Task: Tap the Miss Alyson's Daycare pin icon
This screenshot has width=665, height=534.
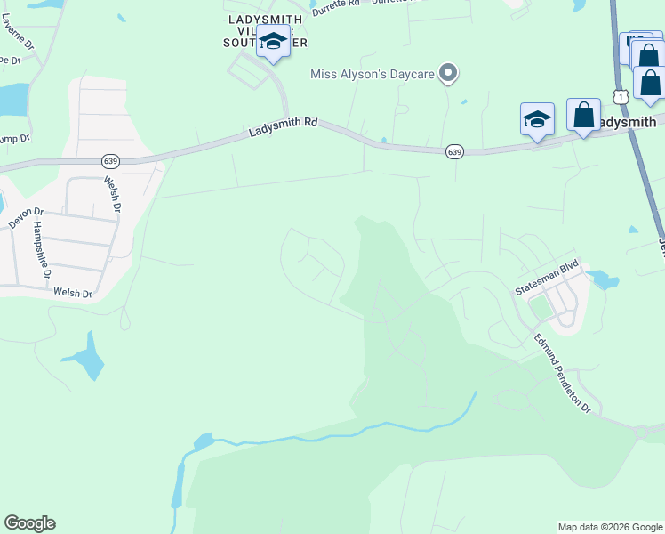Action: pyautogui.click(x=449, y=74)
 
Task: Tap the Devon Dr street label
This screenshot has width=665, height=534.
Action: pyautogui.click(x=26, y=218)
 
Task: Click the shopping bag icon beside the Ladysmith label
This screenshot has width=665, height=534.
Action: pyautogui.click(x=583, y=116)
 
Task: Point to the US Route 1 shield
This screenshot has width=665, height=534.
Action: pyautogui.click(x=619, y=94)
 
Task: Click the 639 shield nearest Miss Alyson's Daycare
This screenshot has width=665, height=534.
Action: pyautogui.click(x=454, y=152)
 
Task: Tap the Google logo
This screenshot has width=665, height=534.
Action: pyautogui.click(x=29, y=523)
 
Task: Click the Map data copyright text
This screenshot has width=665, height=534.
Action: pyautogui.click(x=609, y=527)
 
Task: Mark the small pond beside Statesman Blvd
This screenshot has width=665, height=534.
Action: pyautogui.click(x=604, y=279)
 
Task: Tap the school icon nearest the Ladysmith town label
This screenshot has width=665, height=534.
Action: pyautogui.click(x=537, y=119)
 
